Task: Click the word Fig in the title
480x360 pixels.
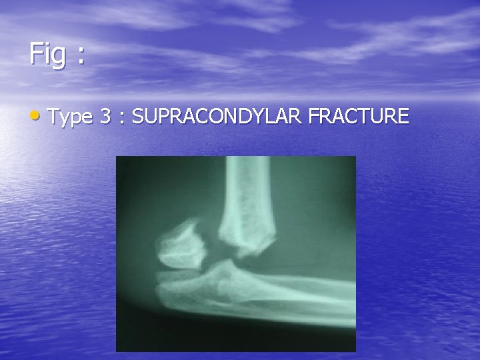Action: click(47, 54)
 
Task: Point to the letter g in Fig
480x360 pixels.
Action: click(59, 57)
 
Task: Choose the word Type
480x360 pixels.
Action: click(70, 117)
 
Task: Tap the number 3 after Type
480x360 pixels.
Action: click(105, 117)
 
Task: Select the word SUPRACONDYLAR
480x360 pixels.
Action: click(217, 117)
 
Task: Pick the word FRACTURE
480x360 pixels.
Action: click(359, 117)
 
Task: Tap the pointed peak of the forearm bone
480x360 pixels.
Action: click(227, 265)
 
